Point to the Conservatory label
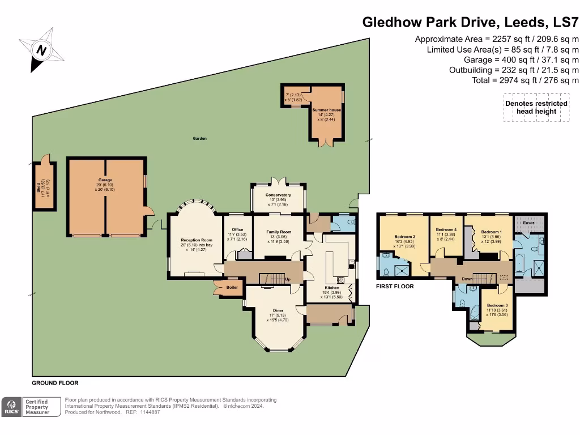coord(278,195)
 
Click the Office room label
coord(237,229)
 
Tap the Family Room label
coord(278,232)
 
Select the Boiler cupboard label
coord(232,287)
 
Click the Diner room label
coord(278,310)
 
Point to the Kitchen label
coord(331,288)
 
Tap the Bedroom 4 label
coord(447,229)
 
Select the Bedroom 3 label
coord(497,306)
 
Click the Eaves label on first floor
coord(529,223)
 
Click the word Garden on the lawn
coord(199,138)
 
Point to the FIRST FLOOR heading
coord(395,287)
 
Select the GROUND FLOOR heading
coord(55,383)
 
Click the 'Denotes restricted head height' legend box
coord(536,108)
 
